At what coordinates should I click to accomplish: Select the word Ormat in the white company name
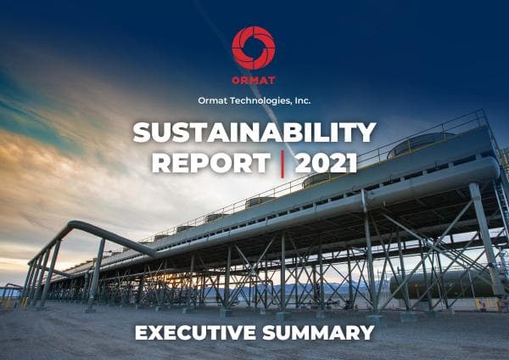coord(213,100)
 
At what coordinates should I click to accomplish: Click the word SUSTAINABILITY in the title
coord(254,132)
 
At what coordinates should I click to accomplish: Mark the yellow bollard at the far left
coord(8,301)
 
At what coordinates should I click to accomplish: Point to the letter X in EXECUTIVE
coord(158,332)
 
